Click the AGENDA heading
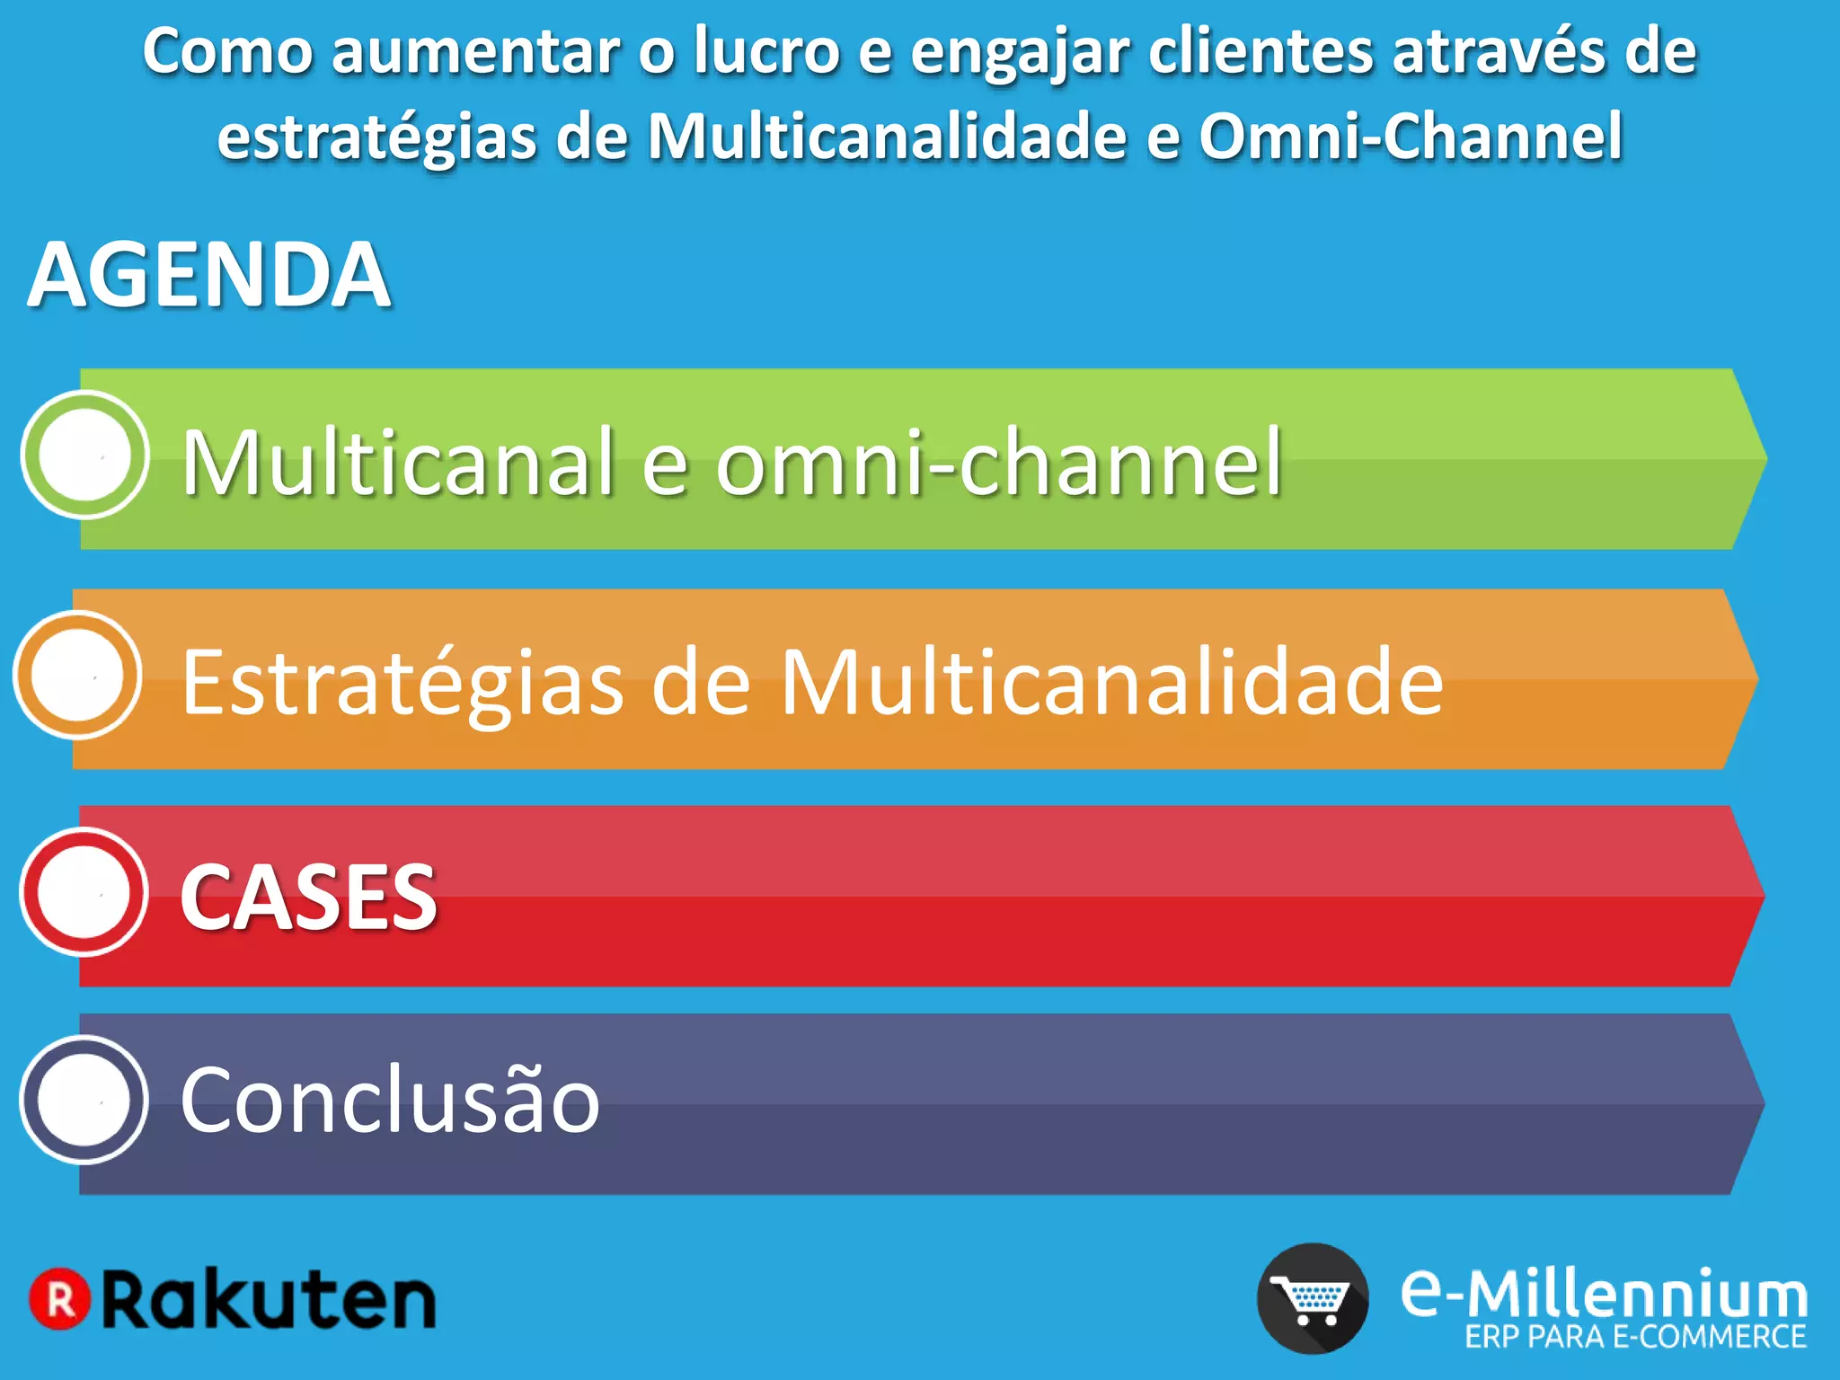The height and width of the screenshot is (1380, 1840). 209,275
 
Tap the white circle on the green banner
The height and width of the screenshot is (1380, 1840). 84,456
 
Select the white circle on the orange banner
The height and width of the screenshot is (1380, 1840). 77,676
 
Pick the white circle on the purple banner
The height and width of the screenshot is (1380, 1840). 84,1101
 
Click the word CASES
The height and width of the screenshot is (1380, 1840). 308,898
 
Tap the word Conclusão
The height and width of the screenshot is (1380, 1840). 390,1101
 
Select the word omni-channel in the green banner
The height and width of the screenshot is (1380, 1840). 998,462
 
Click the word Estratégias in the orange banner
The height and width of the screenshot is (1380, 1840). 402,684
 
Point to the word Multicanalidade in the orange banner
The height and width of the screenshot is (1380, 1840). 1112,682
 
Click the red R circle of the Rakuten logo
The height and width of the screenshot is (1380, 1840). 60,1299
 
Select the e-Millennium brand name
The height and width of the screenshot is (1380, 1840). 1604,1294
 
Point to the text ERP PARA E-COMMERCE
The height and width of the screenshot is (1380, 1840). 1635,1338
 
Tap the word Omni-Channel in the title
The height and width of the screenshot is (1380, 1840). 1411,137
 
